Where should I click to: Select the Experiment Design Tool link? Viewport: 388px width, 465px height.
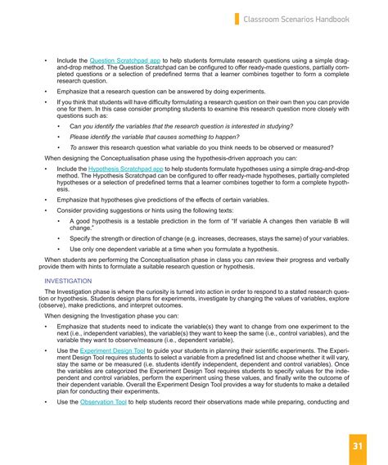click(115, 349)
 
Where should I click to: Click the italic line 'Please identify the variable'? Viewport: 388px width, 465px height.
click(154, 137)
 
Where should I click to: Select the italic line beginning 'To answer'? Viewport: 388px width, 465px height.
click(196, 147)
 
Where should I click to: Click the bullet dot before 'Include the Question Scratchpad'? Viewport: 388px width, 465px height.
click(47, 61)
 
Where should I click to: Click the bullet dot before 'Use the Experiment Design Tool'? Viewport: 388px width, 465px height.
click(47, 349)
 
